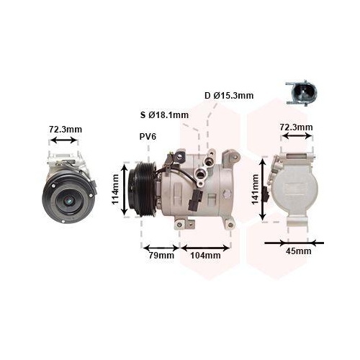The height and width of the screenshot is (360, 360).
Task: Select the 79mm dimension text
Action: pos(161,255)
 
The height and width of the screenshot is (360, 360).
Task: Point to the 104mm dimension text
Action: pos(204,255)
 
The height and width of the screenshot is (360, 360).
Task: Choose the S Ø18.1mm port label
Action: pos(164,114)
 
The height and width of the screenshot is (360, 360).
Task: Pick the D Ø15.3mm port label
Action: pos(228,95)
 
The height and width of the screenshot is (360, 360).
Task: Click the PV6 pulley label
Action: pos(149,136)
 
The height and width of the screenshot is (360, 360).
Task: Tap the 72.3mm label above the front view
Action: pos(65,130)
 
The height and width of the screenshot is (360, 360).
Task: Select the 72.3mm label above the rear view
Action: pos(296,128)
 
